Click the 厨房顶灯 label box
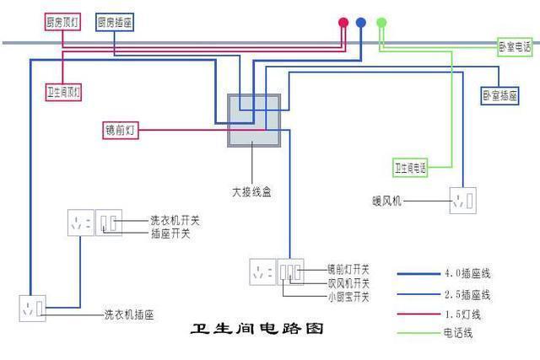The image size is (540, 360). pyautogui.click(x=62, y=23)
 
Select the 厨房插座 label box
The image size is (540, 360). pyautogui.click(x=114, y=23)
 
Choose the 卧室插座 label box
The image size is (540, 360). pyautogui.click(x=499, y=96)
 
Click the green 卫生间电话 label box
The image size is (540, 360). pyautogui.click(x=410, y=168)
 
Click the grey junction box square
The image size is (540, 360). pyautogui.click(x=254, y=121)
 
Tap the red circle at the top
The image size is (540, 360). pyautogui.click(x=343, y=23)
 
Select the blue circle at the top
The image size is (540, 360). pyautogui.click(x=361, y=23)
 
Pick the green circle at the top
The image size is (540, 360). pyautogui.click(x=381, y=23)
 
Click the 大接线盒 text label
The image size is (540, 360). pyautogui.click(x=251, y=192)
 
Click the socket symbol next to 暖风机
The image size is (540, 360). pyautogui.click(x=462, y=201)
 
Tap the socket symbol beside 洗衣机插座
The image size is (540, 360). pyautogui.click(x=33, y=309)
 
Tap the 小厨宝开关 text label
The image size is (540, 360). pyautogui.click(x=348, y=297)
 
